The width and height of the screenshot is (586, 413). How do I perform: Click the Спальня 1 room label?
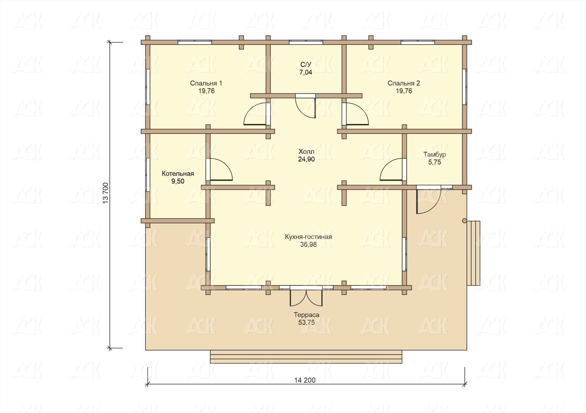206,83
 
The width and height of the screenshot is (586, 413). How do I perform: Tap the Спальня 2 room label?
404,83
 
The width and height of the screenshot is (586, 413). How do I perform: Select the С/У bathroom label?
306,64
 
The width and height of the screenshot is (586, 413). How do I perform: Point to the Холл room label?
306,152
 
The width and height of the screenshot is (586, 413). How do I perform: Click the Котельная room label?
178,174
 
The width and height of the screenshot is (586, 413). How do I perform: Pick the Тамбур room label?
435,155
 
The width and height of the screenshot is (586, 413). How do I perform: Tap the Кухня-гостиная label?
308,237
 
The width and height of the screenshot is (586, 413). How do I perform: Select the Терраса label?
306,315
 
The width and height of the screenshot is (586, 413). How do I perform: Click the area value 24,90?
306,159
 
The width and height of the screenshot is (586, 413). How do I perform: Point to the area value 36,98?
308,244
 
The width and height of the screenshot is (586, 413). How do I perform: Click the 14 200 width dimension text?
305,380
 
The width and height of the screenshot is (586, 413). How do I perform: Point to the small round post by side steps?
464,221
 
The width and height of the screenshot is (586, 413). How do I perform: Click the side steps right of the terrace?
473,253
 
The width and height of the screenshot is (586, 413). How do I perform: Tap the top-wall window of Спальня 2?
418,42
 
